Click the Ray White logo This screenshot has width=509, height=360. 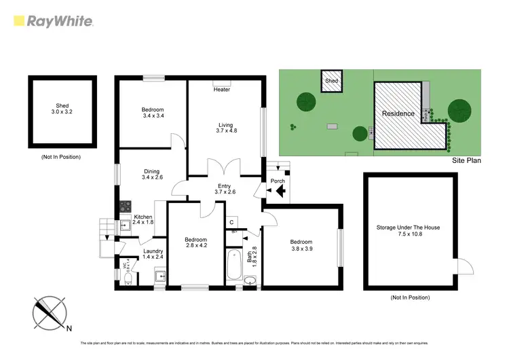[x=53, y=20]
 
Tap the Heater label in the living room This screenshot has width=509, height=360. [x=222, y=90]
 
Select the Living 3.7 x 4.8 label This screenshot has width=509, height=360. [x=225, y=128]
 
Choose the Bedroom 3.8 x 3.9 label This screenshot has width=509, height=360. [x=301, y=246]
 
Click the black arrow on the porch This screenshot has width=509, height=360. [x=279, y=192]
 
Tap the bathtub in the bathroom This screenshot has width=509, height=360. [x=235, y=268]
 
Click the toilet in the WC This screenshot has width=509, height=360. [x=128, y=278]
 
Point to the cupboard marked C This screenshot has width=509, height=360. [x=231, y=222]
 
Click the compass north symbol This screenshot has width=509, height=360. [x=50, y=313]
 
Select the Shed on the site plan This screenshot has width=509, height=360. [x=331, y=81]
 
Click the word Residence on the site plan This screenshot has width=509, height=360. [x=398, y=113]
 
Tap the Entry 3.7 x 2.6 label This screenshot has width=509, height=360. [x=224, y=190]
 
